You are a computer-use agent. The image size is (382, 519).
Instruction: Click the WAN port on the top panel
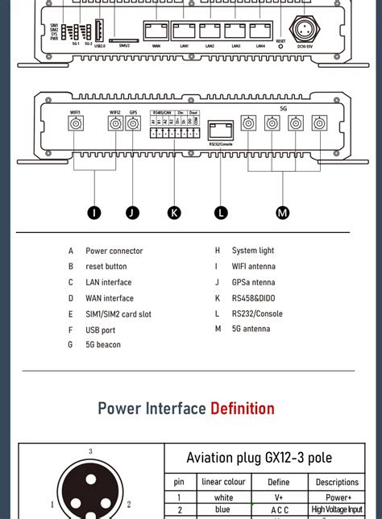point(156,31)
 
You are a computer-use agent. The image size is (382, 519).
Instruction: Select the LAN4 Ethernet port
point(260,31)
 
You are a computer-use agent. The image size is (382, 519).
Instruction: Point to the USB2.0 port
point(99,31)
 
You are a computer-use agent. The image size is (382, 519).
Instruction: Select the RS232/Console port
point(220,129)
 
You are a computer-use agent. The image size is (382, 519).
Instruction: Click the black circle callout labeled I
point(94,213)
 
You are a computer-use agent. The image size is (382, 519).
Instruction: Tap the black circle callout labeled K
point(174,213)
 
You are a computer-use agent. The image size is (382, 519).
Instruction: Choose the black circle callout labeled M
point(282,213)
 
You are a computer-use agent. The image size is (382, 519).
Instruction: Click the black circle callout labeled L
point(221,213)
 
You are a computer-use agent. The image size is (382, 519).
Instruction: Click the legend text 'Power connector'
point(114,251)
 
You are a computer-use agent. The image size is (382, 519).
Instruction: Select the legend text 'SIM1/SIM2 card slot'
point(118,314)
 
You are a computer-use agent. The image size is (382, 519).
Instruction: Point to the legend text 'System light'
point(253,251)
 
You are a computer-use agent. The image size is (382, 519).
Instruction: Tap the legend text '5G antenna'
point(251,330)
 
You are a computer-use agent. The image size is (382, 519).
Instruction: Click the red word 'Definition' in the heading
point(242,409)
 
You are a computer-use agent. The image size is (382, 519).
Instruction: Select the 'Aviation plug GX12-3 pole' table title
point(259,458)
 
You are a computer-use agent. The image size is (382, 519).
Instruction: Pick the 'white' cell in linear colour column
point(223,498)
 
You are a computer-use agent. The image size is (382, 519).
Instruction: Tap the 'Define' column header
point(280,483)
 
